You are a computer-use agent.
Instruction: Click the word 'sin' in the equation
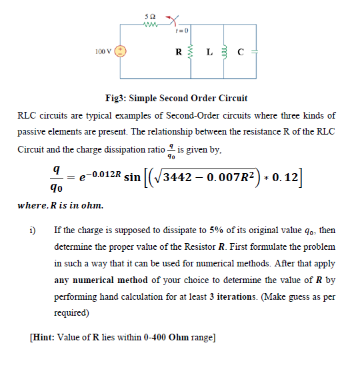click(133, 179)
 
